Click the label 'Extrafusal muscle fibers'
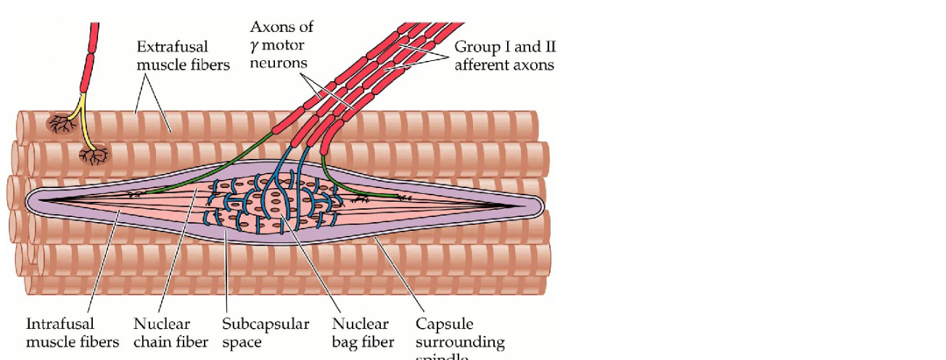183,56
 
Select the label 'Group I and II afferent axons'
505,56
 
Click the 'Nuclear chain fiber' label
170,332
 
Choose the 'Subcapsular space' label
266,332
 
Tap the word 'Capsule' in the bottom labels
443,324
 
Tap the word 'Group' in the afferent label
474,47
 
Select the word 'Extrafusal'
172,47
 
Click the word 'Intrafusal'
60,324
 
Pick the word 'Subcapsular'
266,324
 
